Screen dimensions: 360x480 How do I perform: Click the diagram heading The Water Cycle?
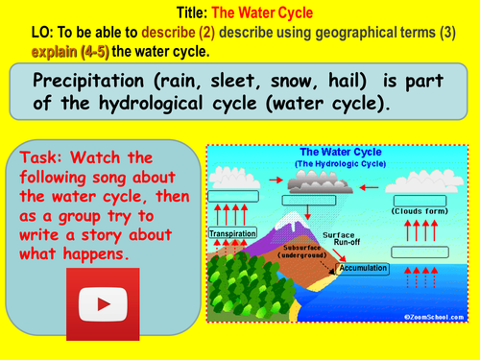click(x=337, y=152)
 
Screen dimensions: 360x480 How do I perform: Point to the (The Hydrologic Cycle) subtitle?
click(x=336, y=164)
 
